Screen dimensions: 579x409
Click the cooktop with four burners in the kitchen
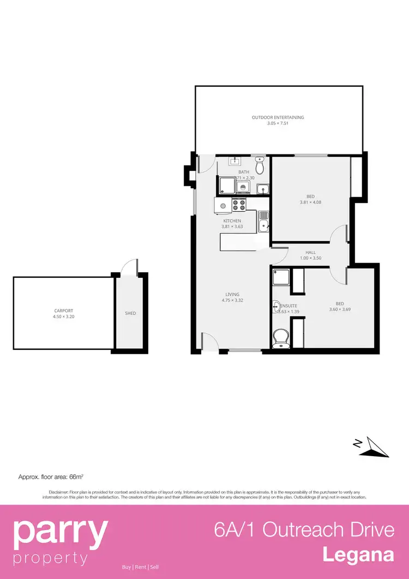click(x=239, y=205)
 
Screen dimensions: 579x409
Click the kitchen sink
click(x=263, y=222)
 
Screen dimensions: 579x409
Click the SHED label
click(x=130, y=313)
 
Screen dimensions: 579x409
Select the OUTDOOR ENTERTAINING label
click(x=278, y=117)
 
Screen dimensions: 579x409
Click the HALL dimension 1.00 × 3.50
click(x=311, y=258)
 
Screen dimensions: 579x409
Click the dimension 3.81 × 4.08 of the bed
click(x=310, y=202)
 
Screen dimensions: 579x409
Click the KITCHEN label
click(x=232, y=221)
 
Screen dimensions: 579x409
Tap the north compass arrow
click(x=375, y=446)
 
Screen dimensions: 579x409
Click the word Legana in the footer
click(x=358, y=554)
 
